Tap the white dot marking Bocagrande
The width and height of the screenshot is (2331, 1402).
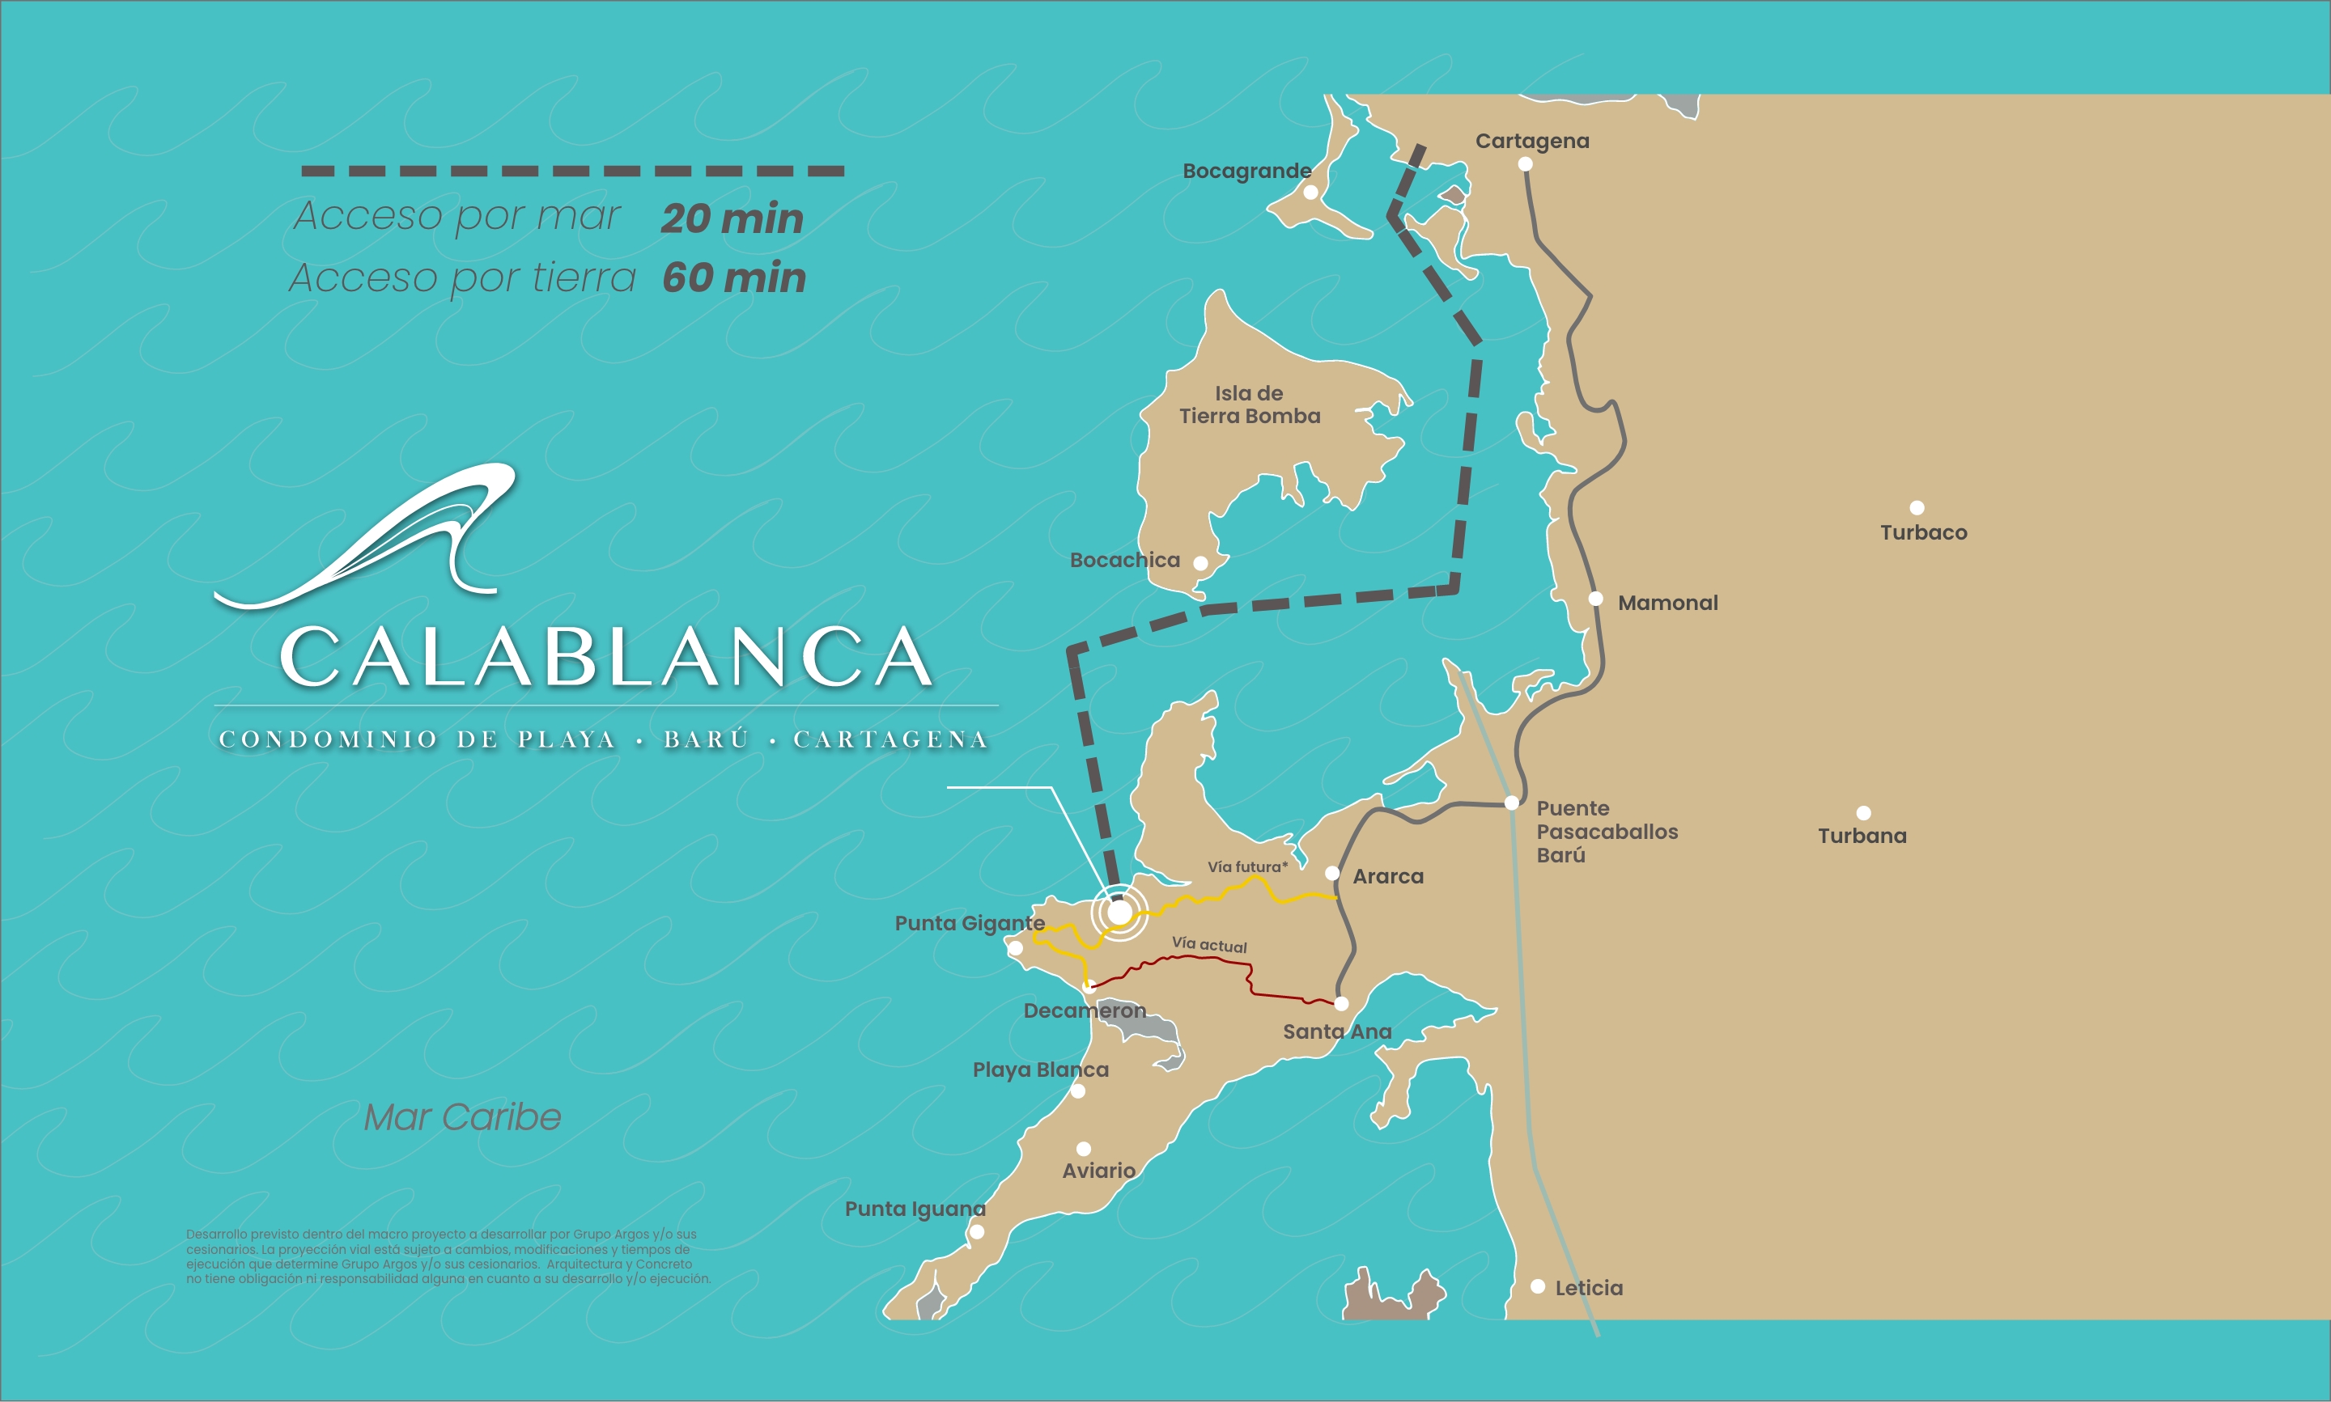point(1310,193)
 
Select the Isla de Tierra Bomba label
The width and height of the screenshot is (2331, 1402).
point(1249,405)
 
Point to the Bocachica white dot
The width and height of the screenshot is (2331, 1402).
point(1200,563)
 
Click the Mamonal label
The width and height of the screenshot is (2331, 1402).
point(1667,603)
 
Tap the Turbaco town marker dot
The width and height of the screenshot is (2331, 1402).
point(1917,508)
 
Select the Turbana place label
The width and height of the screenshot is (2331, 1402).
point(1862,835)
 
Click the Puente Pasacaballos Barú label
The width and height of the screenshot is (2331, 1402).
point(1607,832)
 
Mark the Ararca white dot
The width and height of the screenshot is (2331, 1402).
point(1332,873)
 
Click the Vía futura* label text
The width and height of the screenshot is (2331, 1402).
point(1246,866)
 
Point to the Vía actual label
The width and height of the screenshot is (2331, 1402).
point(1209,944)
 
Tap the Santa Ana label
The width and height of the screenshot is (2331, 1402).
point(1336,1031)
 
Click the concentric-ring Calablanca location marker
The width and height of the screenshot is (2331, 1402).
point(1119,913)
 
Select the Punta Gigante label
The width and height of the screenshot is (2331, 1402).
point(970,923)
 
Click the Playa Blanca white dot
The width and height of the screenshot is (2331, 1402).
point(1078,1091)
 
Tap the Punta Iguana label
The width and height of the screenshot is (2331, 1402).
point(915,1209)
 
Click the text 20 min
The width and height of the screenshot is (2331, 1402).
point(732,218)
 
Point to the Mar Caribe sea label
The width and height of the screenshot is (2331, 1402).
point(462,1116)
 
